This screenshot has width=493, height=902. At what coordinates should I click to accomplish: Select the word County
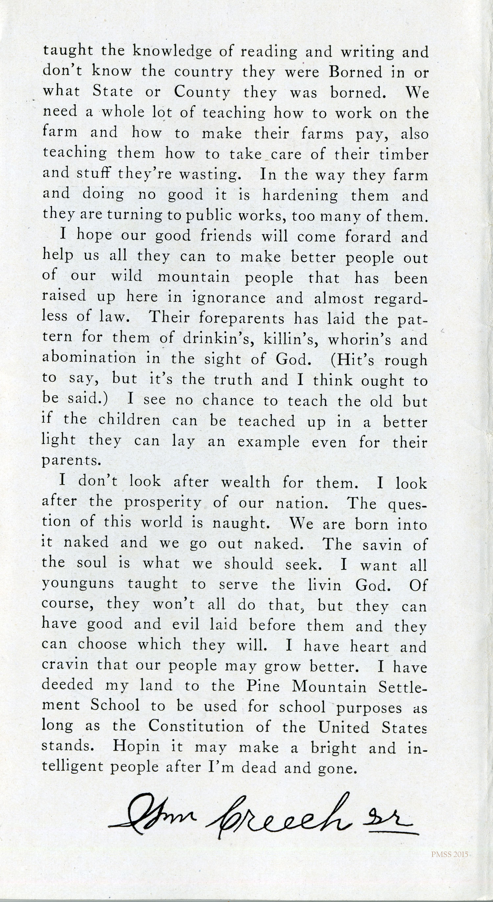click(x=202, y=92)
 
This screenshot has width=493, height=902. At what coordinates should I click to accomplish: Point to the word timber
click(x=404, y=154)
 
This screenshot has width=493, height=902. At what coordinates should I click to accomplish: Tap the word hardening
click(x=300, y=196)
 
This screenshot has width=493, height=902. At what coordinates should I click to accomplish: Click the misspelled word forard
click(x=368, y=237)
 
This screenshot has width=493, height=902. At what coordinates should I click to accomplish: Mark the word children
click(x=129, y=420)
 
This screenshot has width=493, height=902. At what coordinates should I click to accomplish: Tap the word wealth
click(x=246, y=482)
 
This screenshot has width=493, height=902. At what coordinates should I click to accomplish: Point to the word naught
click(x=241, y=523)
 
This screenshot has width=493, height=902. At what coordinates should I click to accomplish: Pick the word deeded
click(x=68, y=685)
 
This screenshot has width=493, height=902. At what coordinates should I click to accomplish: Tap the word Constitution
click(x=196, y=726)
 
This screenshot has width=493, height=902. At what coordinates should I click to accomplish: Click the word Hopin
click(x=136, y=747)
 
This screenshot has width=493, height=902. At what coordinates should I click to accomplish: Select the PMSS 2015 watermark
click(x=450, y=855)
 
